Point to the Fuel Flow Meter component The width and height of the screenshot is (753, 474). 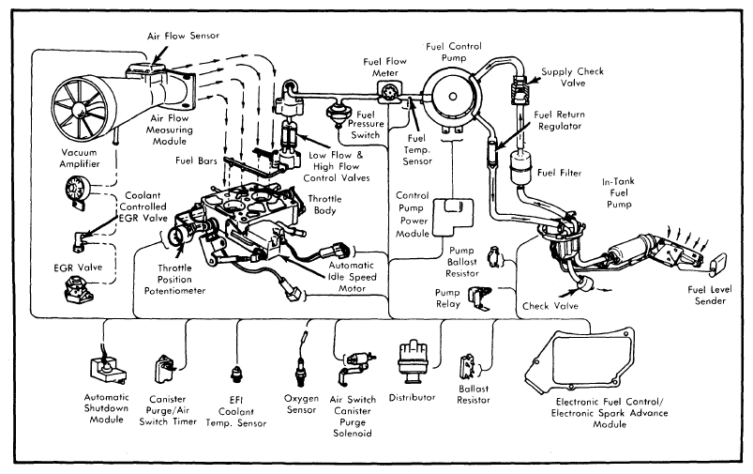tap(385, 92)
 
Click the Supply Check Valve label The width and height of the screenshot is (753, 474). tap(571, 76)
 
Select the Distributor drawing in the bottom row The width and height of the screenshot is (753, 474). tap(414, 358)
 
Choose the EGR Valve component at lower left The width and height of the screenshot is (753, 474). tap(76, 292)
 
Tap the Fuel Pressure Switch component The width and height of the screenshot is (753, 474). tap(331, 110)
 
